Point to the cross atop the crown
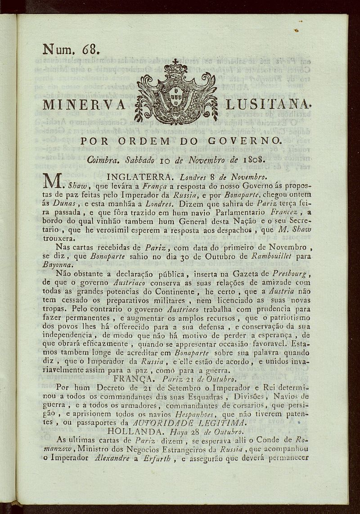[x=175, y=61]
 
